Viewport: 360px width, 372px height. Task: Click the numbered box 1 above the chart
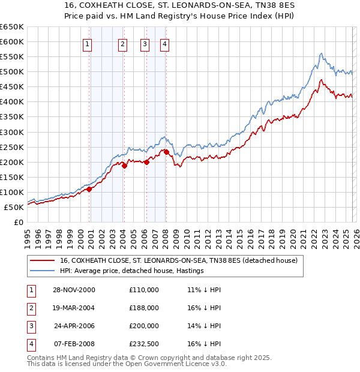click(x=87, y=43)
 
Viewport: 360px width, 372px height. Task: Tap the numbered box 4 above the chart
click(x=164, y=43)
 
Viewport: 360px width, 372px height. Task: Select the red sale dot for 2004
click(x=124, y=166)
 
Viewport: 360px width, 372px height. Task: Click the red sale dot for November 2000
click(x=89, y=189)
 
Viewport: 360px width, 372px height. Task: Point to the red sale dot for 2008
click(x=166, y=152)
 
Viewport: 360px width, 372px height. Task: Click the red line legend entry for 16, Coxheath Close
click(x=174, y=261)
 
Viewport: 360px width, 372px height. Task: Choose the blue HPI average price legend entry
click(x=132, y=271)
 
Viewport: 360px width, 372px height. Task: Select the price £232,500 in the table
click(x=144, y=344)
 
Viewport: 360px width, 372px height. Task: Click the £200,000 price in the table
click(x=144, y=326)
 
